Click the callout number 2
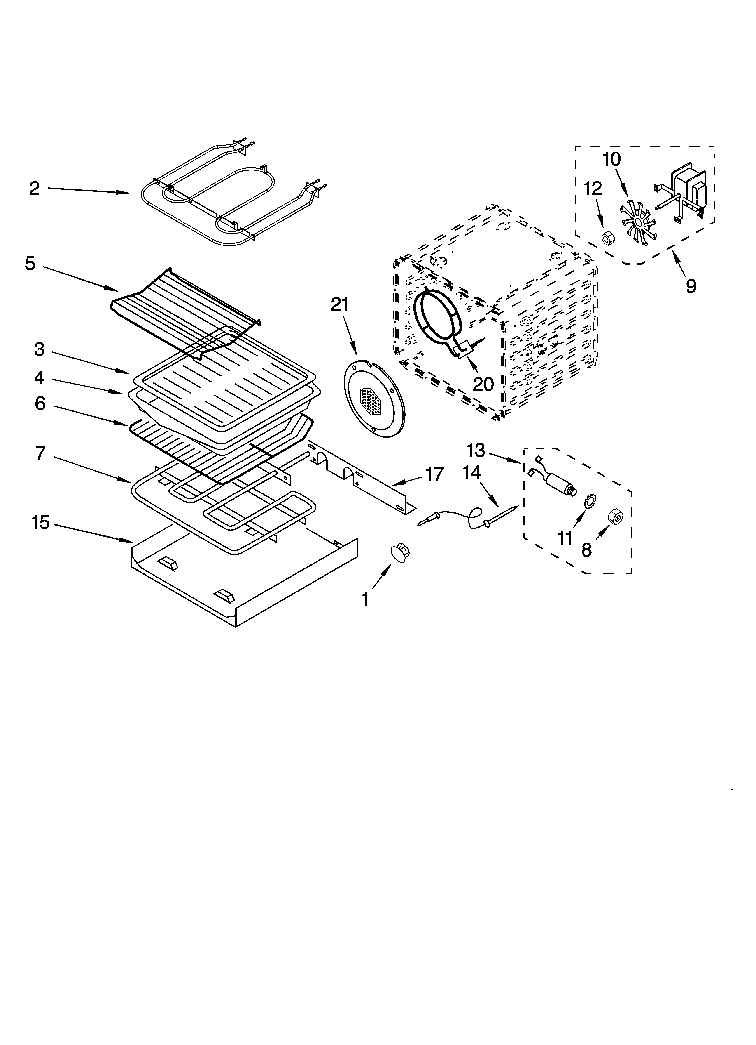click(35, 189)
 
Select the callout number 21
click(340, 305)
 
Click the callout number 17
click(434, 474)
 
